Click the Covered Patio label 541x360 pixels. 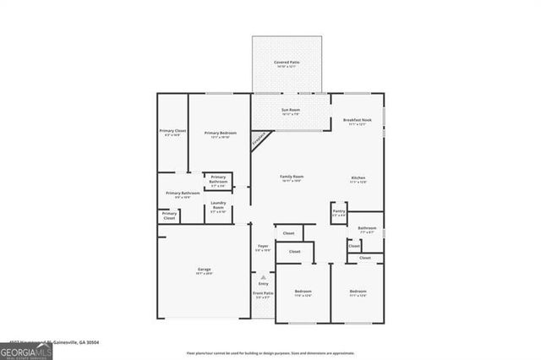tap(285, 63)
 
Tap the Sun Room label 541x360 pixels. tap(290, 112)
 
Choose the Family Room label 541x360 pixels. tap(292, 177)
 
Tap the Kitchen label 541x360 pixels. tap(358, 177)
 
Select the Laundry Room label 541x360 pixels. tap(217, 205)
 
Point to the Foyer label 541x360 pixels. tap(263, 247)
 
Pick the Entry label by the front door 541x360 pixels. tap(263, 283)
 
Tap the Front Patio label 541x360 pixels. tap(263, 295)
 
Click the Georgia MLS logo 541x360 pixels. tap(26, 347)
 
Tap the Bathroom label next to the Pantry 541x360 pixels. tap(367, 229)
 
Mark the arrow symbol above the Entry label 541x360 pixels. tap(263, 276)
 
